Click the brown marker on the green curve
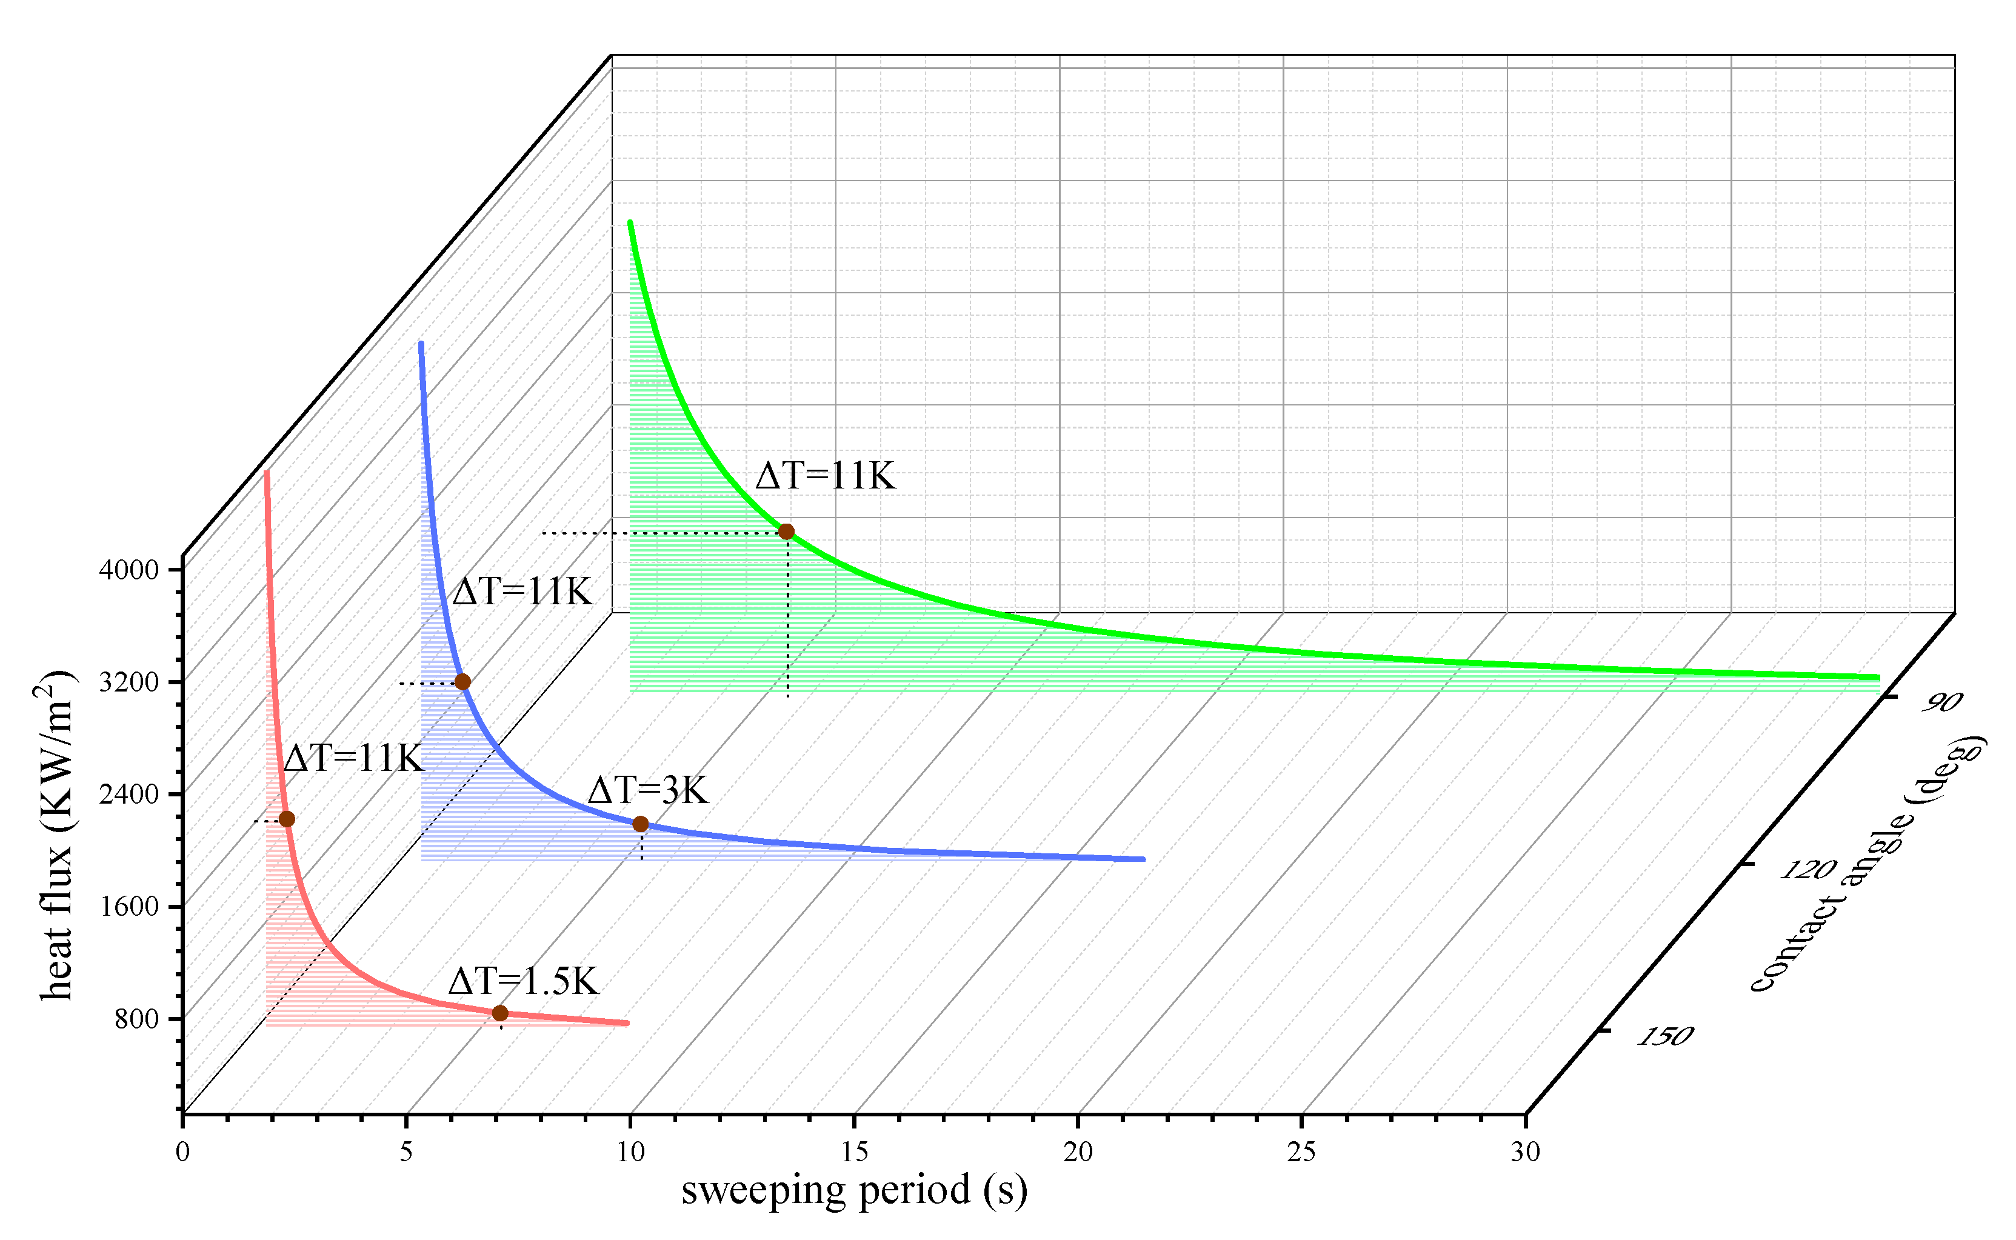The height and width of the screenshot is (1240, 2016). tap(786, 532)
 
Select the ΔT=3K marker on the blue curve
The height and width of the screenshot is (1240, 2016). tap(641, 824)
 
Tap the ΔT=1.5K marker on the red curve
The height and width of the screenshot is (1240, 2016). tap(499, 1013)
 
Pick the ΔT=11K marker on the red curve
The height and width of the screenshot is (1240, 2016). tap(286, 818)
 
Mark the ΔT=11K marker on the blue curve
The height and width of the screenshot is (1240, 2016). tap(462, 681)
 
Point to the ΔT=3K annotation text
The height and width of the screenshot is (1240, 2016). tap(648, 790)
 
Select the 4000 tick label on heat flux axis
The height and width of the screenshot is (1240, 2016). tap(129, 569)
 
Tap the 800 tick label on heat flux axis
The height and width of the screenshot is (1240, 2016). tap(136, 1019)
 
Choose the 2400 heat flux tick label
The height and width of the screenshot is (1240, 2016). tap(129, 794)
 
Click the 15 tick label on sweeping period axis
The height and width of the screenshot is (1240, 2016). tap(854, 1152)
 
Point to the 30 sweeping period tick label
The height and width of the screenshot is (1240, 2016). tap(1524, 1152)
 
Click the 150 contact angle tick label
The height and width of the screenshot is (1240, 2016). tap(1665, 1036)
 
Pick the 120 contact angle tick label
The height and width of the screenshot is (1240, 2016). tap(1807, 869)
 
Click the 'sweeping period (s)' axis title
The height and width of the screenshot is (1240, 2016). tap(854, 1190)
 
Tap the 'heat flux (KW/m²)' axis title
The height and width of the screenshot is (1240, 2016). tap(56, 836)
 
